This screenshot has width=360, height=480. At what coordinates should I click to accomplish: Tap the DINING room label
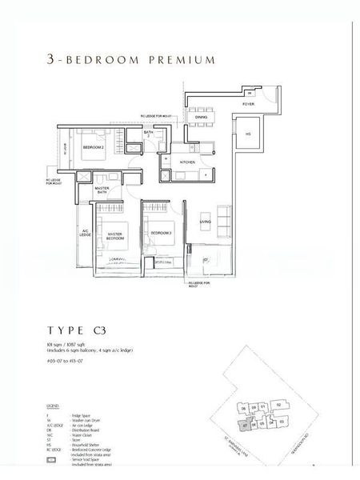point(202,117)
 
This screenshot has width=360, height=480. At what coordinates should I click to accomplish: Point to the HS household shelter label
point(249,134)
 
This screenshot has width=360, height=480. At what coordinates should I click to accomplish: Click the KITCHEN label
point(187,162)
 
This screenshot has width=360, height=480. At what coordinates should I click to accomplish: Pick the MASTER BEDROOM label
point(115,237)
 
